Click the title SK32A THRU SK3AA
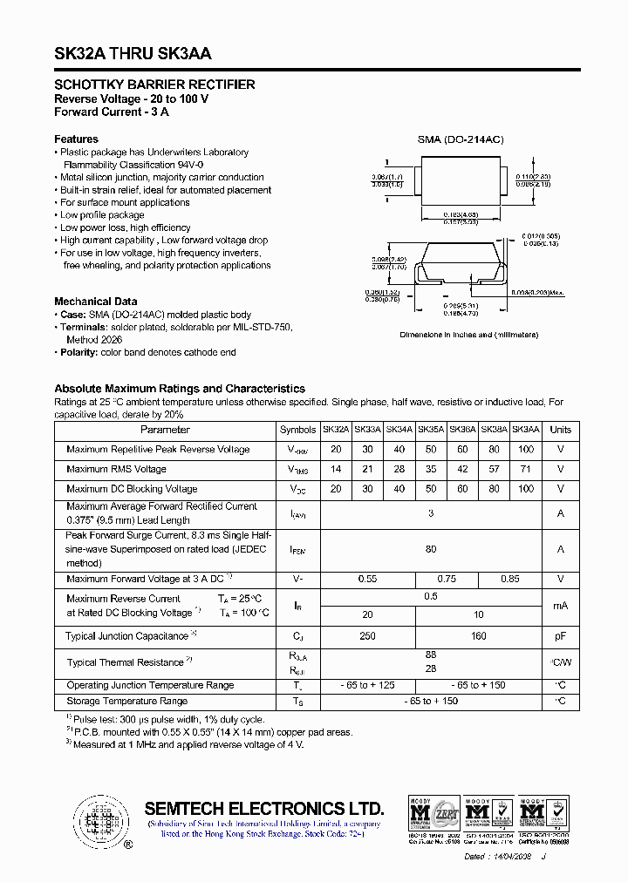133,53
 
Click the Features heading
76,139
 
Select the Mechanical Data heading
95,302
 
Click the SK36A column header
462,430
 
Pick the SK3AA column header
525,430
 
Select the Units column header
561,430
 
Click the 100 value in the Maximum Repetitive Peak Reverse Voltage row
525,450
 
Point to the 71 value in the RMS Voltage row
525,470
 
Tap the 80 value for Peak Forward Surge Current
430,549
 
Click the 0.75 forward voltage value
446,579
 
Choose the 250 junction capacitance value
367,636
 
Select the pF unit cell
561,636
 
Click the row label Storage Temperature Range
127,701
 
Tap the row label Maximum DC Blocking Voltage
132,489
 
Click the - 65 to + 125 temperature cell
367,685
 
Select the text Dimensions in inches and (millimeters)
468,335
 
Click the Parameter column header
165,430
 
